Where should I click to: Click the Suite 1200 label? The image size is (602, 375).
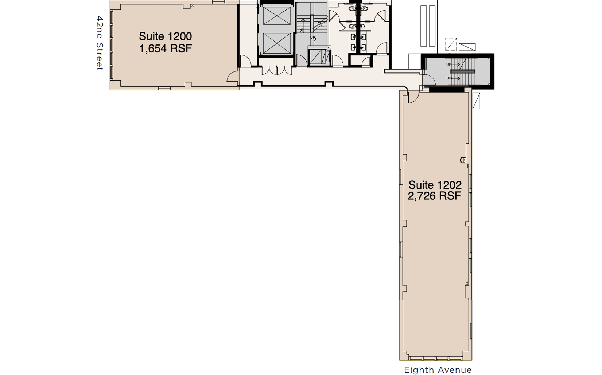pyautogui.click(x=165, y=36)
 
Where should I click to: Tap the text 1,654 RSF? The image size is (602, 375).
pyautogui.click(x=166, y=48)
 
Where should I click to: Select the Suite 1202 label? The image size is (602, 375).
pyautogui.click(x=435, y=185)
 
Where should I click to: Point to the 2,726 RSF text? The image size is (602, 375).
pyautogui.click(x=435, y=196)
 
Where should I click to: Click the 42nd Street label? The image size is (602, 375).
pyautogui.click(x=100, y=43)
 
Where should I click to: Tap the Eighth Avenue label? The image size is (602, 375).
pyautogui.click(x=438, y=370)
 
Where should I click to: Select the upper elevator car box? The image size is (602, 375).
pyautogui.click(x=277, y=16)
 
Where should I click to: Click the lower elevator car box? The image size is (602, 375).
pyautogui.click(x=277, y=43)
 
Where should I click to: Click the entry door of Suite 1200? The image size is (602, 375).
pyautogui.click(x=233, y=77)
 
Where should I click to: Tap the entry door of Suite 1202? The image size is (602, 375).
pyautogui.click(x=413, y=97)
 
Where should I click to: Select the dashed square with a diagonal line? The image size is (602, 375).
pyautogui.click(x=451, y=44)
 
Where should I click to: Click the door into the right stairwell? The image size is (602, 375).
pyautogui.click(x=429, y=79)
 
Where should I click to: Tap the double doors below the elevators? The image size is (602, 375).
pyautogui.click(x=277, y=70)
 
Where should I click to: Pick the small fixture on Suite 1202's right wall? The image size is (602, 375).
pyautogui.click(x=463, y=160)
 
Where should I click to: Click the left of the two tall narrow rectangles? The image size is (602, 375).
pyautogui.click(x=423, y=26)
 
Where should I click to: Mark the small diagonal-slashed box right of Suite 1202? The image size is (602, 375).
pyautogui.click(x=476, y=101)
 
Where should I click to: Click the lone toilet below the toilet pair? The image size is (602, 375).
pyautogui.click(x=357, y=26)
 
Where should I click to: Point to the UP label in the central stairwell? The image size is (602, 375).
pyautogui.click(x=312, y=38)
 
